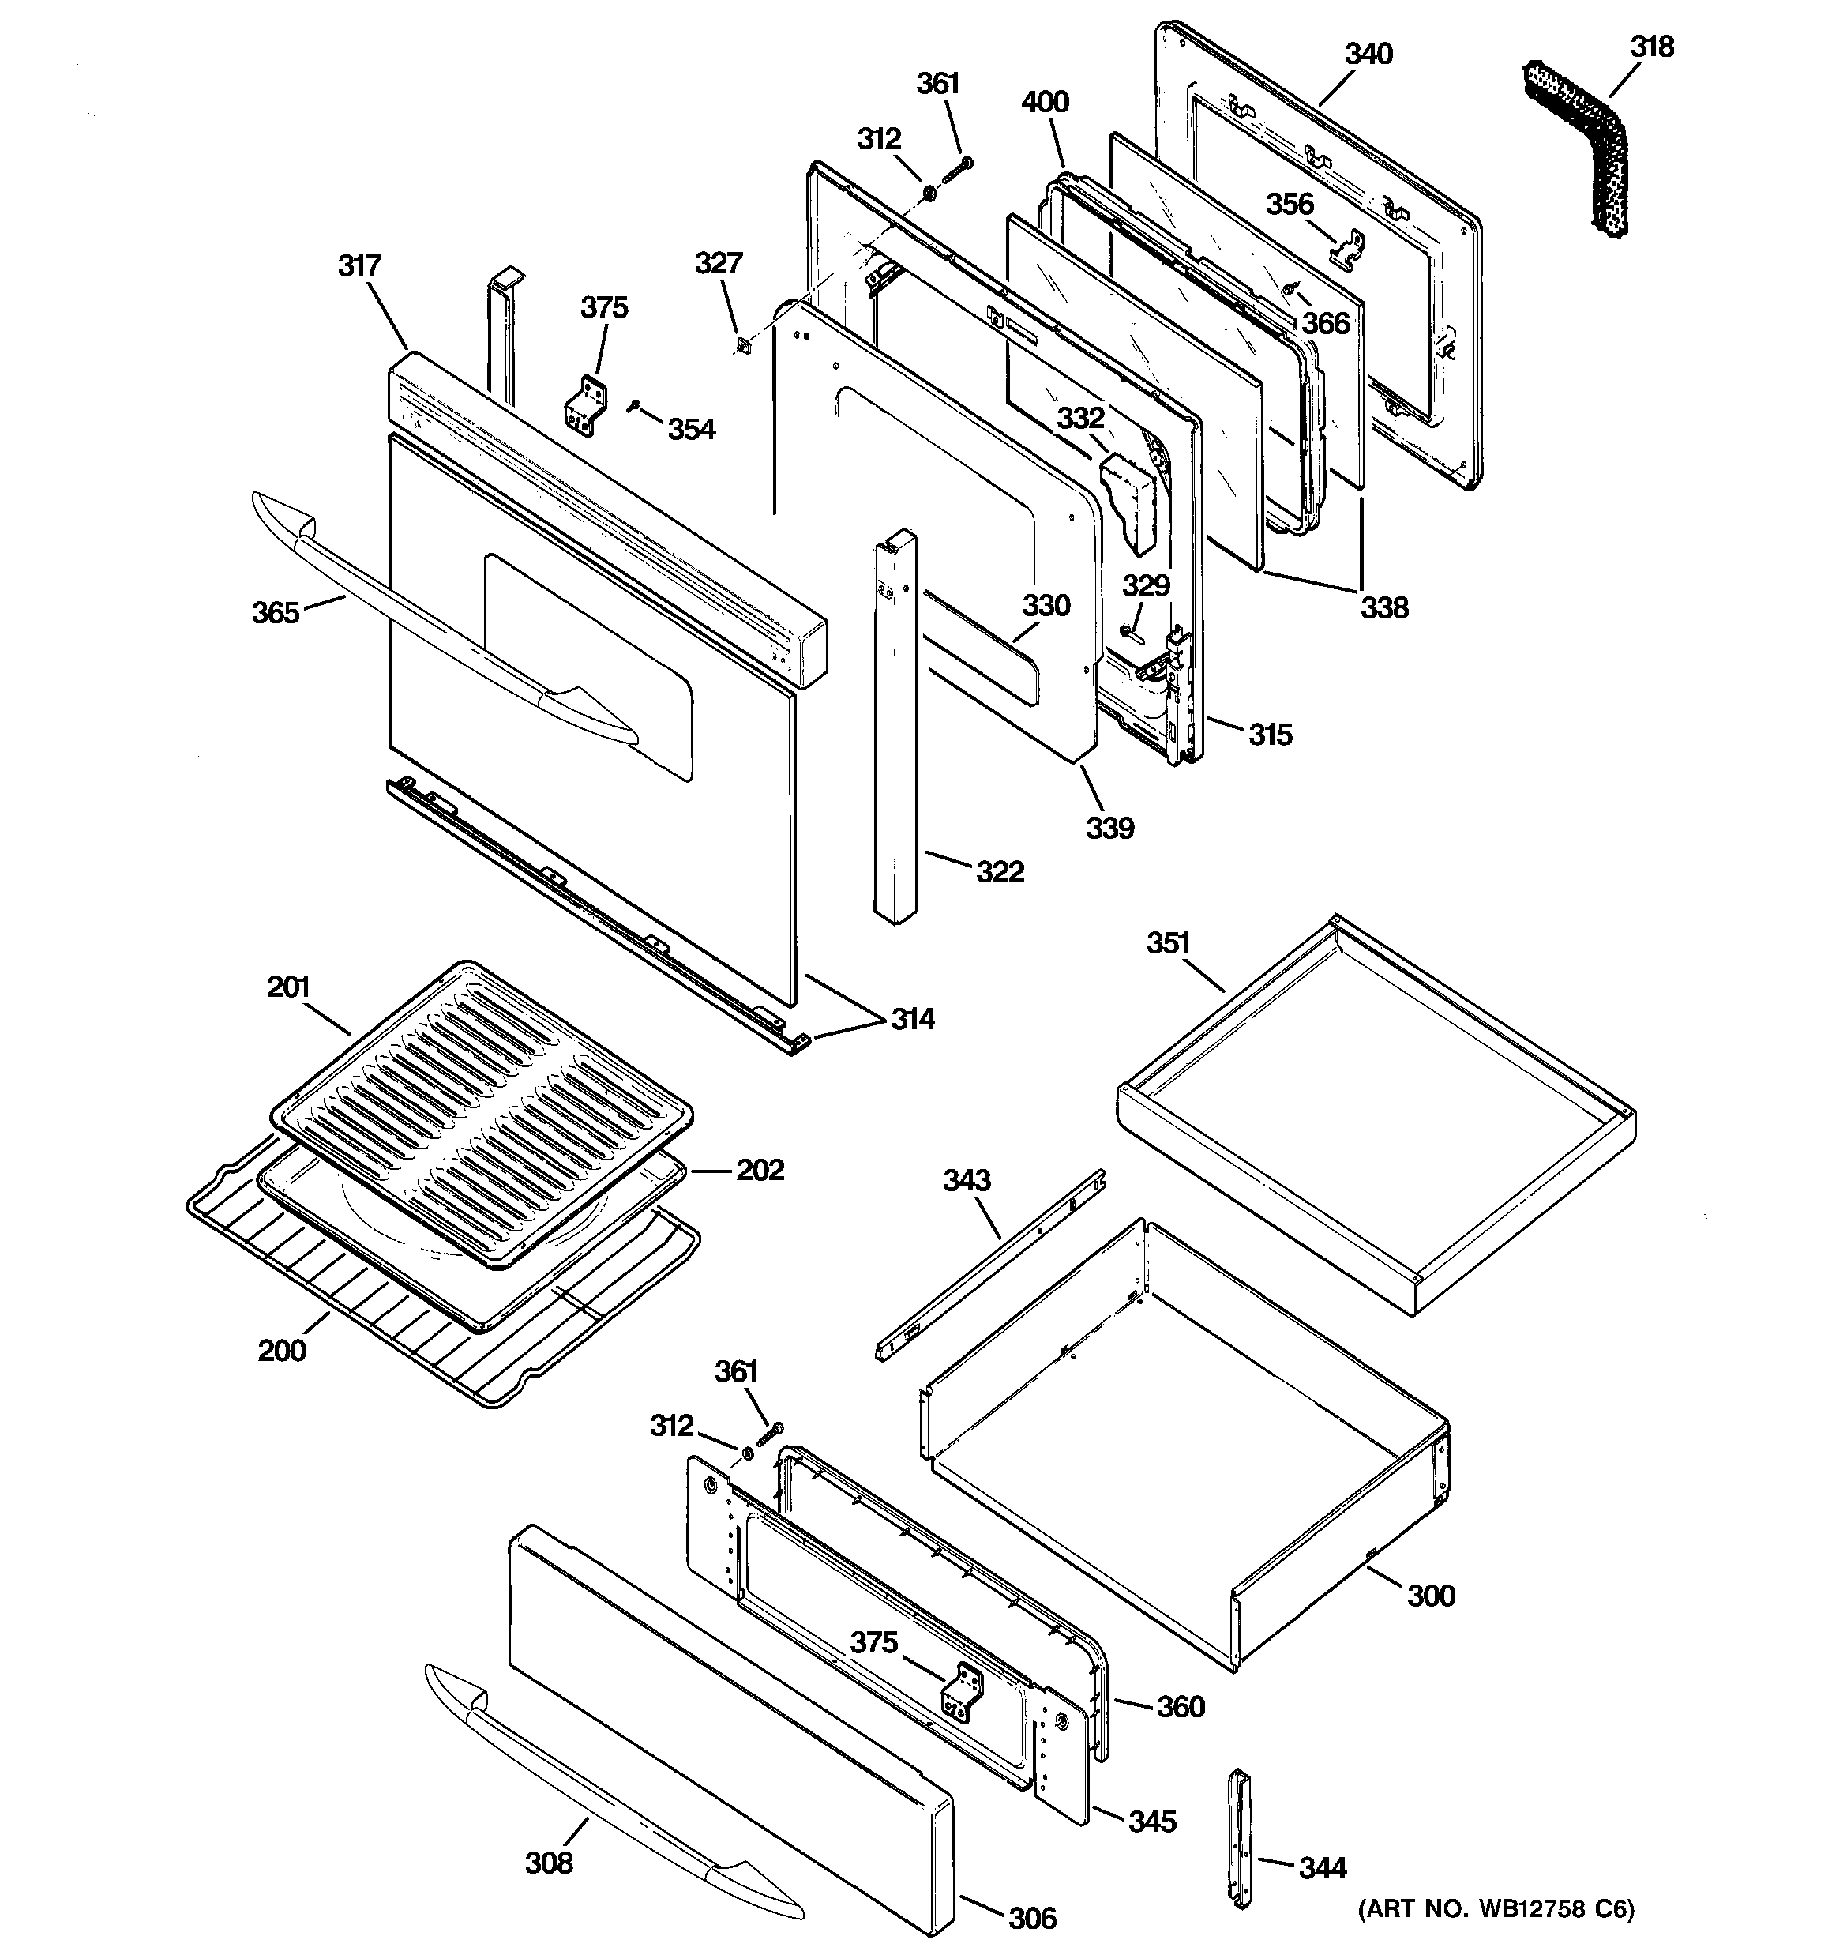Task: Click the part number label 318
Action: click(x=1652, y=47)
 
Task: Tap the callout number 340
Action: click(x=1368, y=54)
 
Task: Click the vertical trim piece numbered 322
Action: click(x=895, y=727)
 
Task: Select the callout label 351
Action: click(x=1168, y=943)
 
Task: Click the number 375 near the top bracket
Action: click(x=604, y=308)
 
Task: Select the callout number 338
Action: click(x=1384, y=607)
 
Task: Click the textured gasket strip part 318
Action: click(x=1573, y=148)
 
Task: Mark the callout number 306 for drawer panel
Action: click(x=1033, y=1918)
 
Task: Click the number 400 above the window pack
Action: click(x=1046, y=101)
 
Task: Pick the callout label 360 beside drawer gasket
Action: click(x=1180, y=1706)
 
